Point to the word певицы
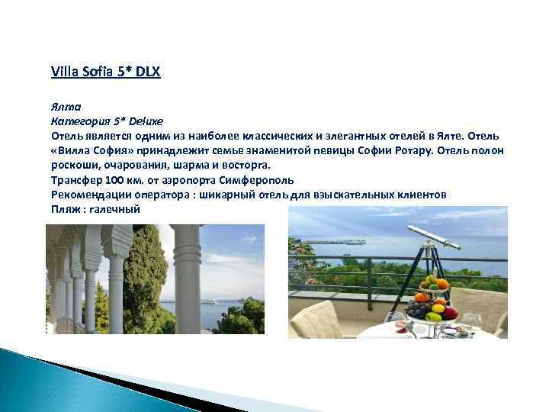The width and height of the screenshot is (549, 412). point(336,150)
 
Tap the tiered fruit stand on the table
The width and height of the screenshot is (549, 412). point(432,301)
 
